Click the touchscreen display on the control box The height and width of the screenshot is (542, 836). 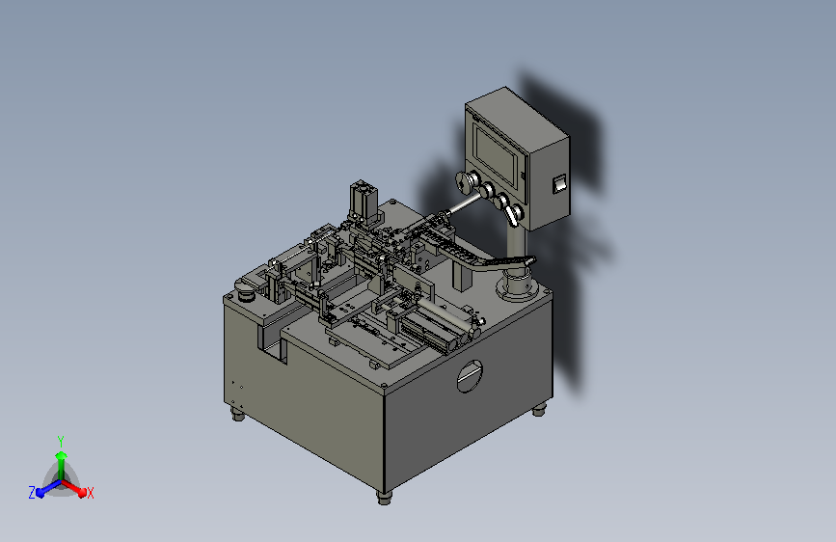coord(496,154)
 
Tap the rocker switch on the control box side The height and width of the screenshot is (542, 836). coord(558,184)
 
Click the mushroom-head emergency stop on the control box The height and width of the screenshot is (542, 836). coord(466,181)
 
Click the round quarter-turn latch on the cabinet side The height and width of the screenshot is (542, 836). coord(470,376)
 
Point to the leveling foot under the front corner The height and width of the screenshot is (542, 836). coord(384,498)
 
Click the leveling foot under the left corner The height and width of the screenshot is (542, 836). coord(238,414)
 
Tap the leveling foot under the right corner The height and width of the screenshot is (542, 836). coord(540,410)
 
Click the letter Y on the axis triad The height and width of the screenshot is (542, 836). coord(61,442)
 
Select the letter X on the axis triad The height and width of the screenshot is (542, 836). coord(90,493)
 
